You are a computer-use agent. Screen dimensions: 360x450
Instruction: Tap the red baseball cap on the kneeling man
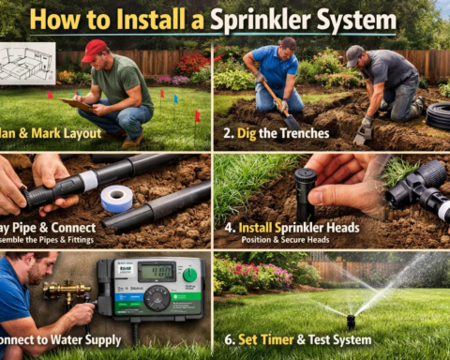click(95, 49)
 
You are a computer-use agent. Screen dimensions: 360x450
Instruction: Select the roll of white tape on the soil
click(117, 199)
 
